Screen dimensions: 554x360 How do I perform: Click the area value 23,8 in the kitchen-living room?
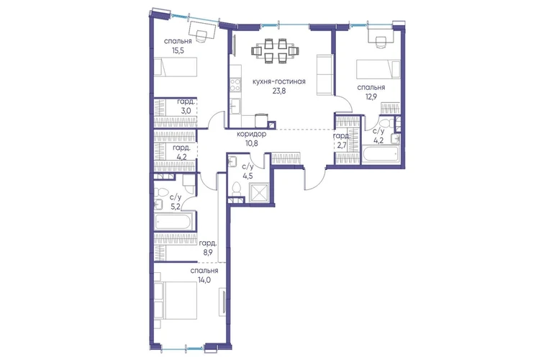point(278,91)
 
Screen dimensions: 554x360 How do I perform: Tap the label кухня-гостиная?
point(278,81)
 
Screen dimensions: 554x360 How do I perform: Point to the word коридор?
point(251,135)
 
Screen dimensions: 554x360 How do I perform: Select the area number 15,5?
point(178,50)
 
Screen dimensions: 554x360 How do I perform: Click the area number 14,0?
point(204,279)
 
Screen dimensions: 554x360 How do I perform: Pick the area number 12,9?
point(371,96)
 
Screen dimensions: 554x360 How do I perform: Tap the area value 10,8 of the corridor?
point(251,143)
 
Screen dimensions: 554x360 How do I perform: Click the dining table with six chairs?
point(276,51)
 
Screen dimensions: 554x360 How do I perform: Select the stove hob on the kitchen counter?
point(235,85)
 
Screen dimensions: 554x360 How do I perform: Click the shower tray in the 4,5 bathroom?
point(259,194)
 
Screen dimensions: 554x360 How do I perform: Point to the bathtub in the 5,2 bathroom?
point(173,222)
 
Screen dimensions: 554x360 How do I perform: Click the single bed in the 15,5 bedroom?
point(176,67)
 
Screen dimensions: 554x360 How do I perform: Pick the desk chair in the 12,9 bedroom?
point(381,42)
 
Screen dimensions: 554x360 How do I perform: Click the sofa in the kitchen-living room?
point(324,75)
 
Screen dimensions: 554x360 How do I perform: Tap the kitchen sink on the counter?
point(235,106)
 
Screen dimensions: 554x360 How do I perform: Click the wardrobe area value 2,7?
point(342,140)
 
